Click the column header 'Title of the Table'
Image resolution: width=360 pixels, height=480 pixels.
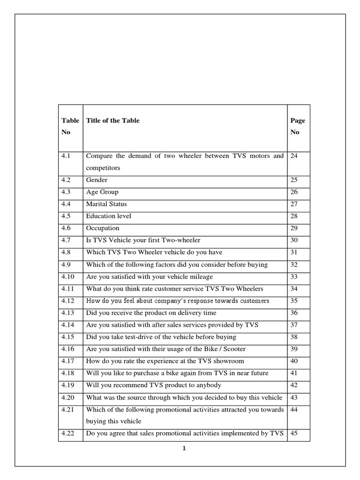click(112, 120)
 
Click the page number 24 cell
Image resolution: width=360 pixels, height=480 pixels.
click(294, 156)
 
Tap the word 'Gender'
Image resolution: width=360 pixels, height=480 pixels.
click(97, 180)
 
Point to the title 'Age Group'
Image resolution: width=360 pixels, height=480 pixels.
click(102, 192)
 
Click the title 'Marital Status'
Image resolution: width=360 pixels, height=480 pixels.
click(106, 204)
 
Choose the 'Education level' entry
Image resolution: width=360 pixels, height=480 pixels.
click(108, 216)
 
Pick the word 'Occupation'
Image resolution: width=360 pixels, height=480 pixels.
click(103, 228)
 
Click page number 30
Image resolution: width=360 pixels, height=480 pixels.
click(294, 240)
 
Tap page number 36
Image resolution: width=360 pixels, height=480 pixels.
click(294, 313)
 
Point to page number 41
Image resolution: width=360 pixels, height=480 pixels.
click(294, 373)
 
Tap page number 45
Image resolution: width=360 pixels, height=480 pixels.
click(294, 434)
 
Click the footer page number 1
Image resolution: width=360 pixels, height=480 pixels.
click(184, 449)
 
